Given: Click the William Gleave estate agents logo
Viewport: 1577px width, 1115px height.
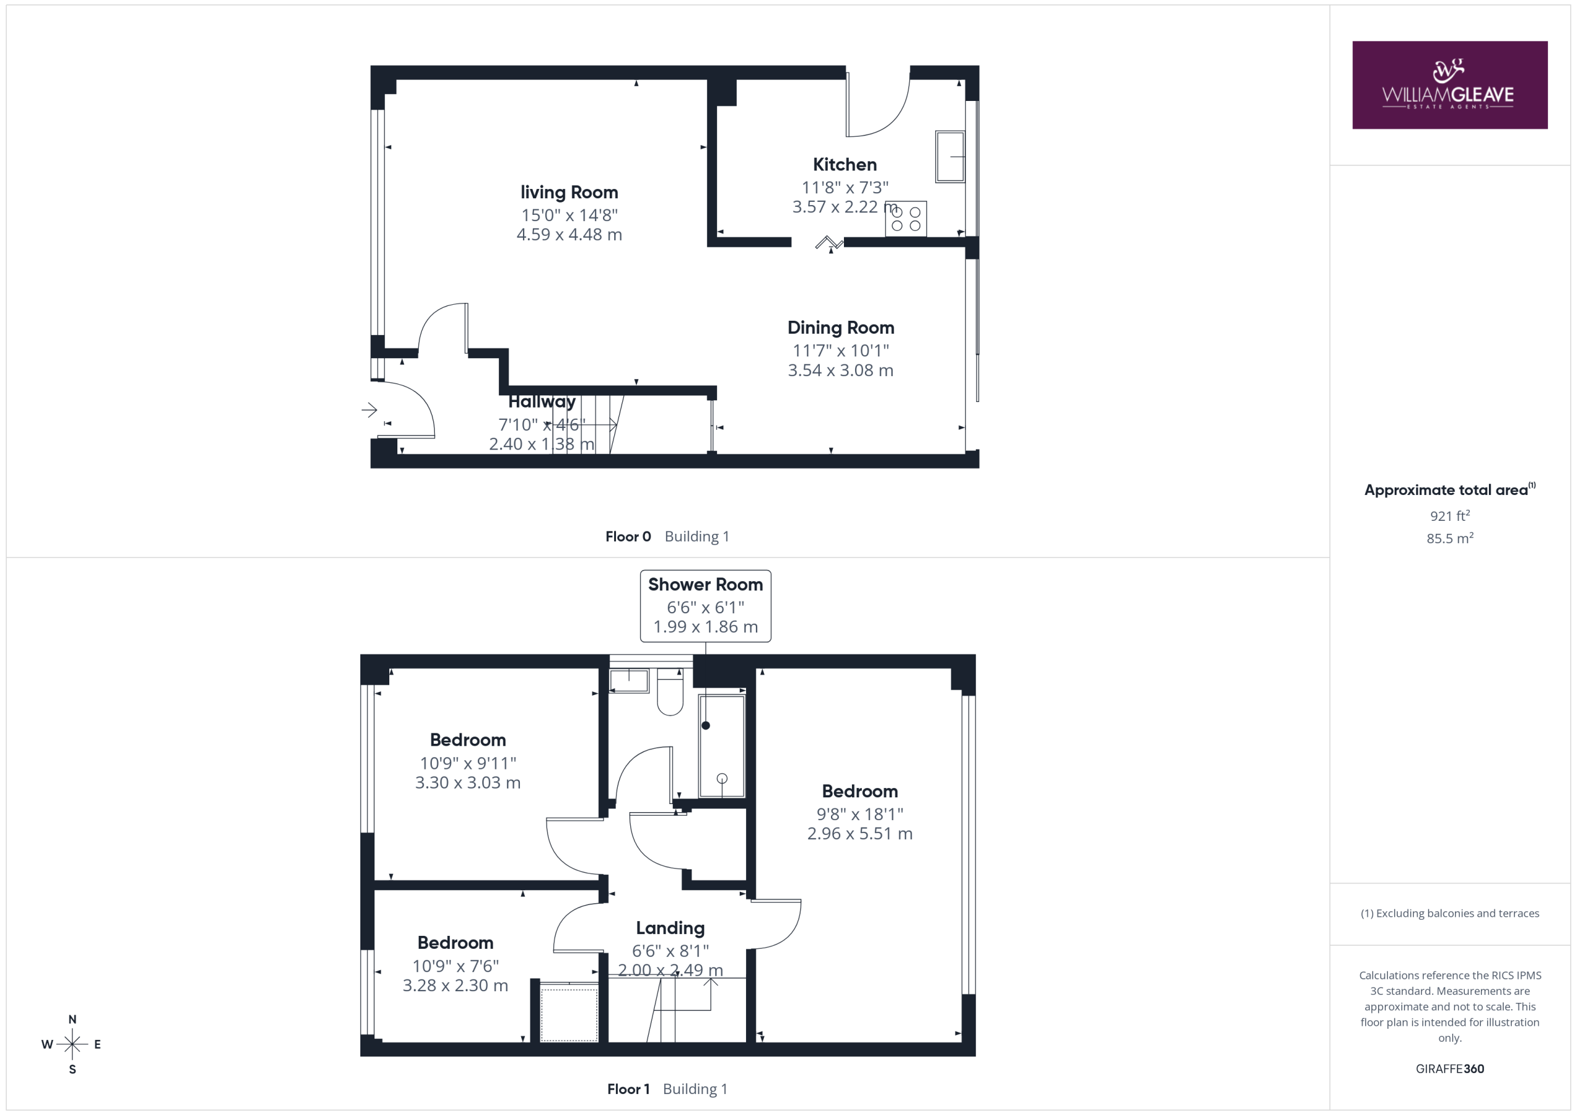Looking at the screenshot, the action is click(x=1449, y=84).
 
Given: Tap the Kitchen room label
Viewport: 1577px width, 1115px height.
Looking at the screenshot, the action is click(x=844, y=165).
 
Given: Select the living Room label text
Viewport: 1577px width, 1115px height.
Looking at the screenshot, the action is click(x=569, y=192).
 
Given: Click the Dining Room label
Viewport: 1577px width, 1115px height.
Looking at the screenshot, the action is click(x=840, y=328).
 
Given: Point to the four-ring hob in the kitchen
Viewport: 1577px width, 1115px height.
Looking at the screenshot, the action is click(x=906, y=219).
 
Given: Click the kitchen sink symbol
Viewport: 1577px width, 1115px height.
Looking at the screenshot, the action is click(x=950, y=156).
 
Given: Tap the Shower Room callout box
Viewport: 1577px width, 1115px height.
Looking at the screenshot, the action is click(x=705, y=606).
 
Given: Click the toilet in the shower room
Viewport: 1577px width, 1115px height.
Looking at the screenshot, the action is click(x=670, y=692).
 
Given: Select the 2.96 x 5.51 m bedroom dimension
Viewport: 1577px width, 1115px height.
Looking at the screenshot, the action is click(x=859, y=834).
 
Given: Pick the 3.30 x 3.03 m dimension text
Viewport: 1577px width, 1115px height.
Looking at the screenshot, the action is click(x=468, y=783).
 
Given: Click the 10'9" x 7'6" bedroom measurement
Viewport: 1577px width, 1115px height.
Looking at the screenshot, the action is click(x=455, y=965).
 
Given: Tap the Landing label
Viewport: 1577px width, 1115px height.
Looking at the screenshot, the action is click(x=670, y=928).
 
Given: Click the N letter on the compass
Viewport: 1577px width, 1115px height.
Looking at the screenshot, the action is click(x=72, y=1020).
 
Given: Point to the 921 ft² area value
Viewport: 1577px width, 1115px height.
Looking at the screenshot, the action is click(x=1449, y=515).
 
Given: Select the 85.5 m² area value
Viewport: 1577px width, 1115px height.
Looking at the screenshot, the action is click(x=1449, y=538).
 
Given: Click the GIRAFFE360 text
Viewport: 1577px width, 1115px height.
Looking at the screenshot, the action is click(x=1449, y=1069).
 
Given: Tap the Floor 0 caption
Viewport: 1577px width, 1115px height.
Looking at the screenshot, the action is click(x=628, y=537).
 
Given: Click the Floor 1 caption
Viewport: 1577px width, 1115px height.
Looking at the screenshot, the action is click(x=628, y=1089).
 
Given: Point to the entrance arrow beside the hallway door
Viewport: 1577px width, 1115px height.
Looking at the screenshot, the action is click(x=370, y=411).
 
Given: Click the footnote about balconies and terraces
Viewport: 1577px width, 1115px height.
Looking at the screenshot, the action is click(x=1449, y=913).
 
